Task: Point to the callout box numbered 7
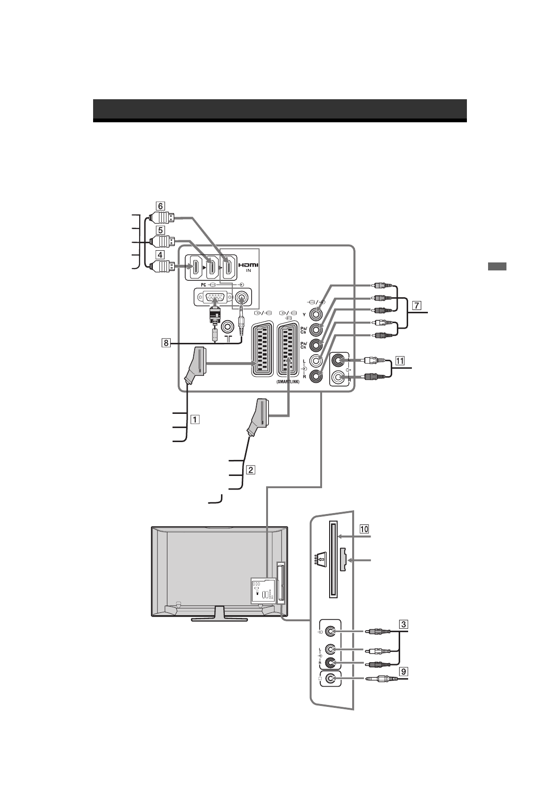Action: [416, 305]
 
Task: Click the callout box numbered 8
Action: [166, 343]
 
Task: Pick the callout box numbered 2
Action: [252, 469]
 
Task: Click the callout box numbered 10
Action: [364, 529]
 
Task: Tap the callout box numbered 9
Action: [403, 671]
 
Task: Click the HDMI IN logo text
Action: [249, 267]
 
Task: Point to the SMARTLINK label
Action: [288, 382]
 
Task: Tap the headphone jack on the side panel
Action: [331, 678]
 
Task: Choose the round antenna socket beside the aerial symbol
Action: [228, 325]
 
